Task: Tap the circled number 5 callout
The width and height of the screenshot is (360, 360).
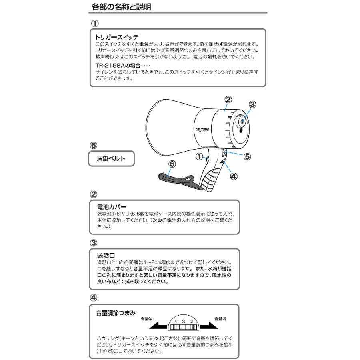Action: click(247, 156)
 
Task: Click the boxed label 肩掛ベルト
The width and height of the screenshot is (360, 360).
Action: click(111, 159)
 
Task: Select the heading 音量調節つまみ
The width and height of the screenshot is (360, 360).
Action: click(116, 313)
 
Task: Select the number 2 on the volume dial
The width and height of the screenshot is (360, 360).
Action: click(191, 321)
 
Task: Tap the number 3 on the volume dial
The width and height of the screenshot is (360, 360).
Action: click(184, 321)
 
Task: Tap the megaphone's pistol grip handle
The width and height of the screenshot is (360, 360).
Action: click(214, 176)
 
